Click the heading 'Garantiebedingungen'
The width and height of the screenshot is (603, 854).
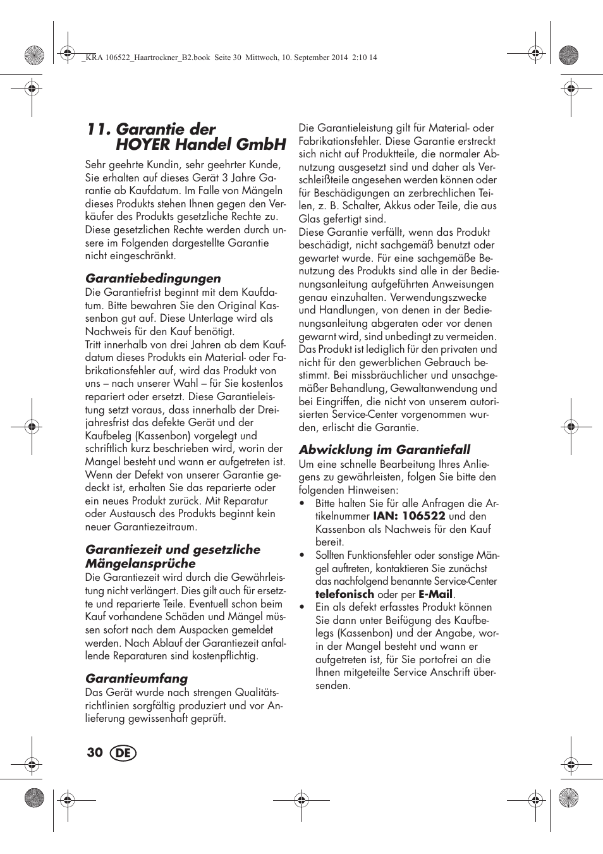click(153, 278)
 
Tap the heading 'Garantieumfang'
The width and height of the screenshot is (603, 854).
click(137, 678)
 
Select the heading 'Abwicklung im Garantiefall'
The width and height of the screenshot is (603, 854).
click(384, 449)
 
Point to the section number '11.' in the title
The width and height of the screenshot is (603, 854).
click(99, 129)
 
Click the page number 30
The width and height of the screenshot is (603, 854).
click(95, 752)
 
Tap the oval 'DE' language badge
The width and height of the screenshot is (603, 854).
click(123, 753)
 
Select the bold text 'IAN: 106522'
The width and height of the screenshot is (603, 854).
click(409, 516)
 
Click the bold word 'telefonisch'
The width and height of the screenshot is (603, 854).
click(344, 594)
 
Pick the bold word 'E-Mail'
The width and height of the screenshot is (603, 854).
click(435, 594)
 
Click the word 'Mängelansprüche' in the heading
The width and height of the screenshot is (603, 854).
click(140, 563)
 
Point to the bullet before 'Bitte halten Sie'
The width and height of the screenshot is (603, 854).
click(302, 504)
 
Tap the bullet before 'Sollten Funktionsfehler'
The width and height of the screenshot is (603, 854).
click(302, 556)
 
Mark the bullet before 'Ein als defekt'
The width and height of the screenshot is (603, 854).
click(302, 607)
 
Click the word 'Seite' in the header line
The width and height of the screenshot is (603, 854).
click(223, 58)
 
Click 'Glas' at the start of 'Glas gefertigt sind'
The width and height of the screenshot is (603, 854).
click(309, 219)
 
